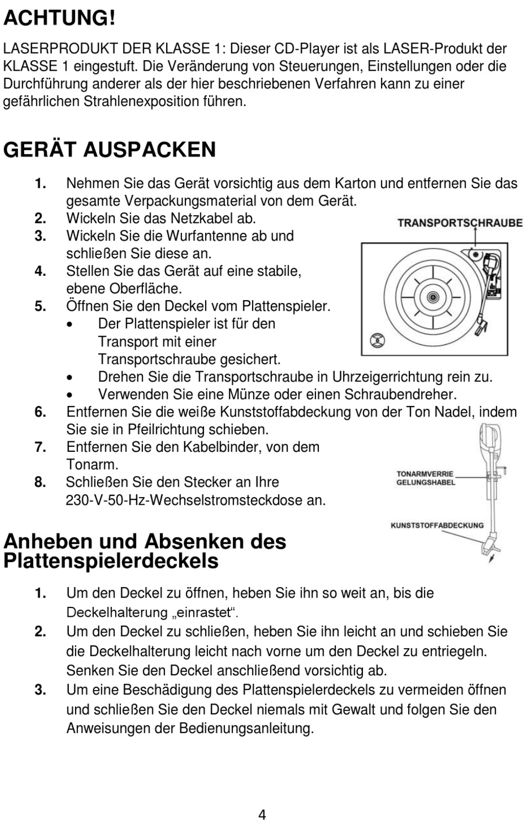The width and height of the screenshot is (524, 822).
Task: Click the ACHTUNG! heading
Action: pos(60,19)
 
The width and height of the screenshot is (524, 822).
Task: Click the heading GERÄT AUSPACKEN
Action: pos(109,150)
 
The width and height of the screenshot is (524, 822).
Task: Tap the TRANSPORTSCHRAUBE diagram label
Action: pos(459,223)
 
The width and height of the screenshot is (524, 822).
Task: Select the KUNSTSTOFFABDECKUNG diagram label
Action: pos(437,525)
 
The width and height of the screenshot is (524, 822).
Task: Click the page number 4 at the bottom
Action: pos(262,814)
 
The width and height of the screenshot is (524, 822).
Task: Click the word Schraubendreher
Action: pos(400,394)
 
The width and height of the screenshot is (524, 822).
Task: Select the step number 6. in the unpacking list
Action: pos(40,412)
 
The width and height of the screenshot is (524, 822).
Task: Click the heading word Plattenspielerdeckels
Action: pos(110,561)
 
